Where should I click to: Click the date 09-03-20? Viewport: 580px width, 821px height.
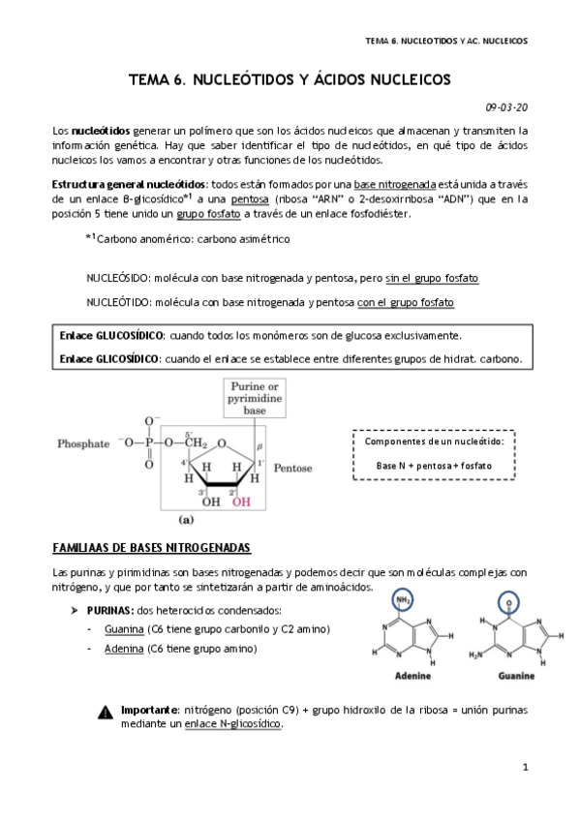tap(506, 107)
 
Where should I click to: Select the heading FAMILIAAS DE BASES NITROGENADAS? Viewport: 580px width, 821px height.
tap(151, 548)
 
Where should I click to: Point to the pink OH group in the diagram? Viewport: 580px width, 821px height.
tap(241, 502)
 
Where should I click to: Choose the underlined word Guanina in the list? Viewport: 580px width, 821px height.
tap(124, 630)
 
